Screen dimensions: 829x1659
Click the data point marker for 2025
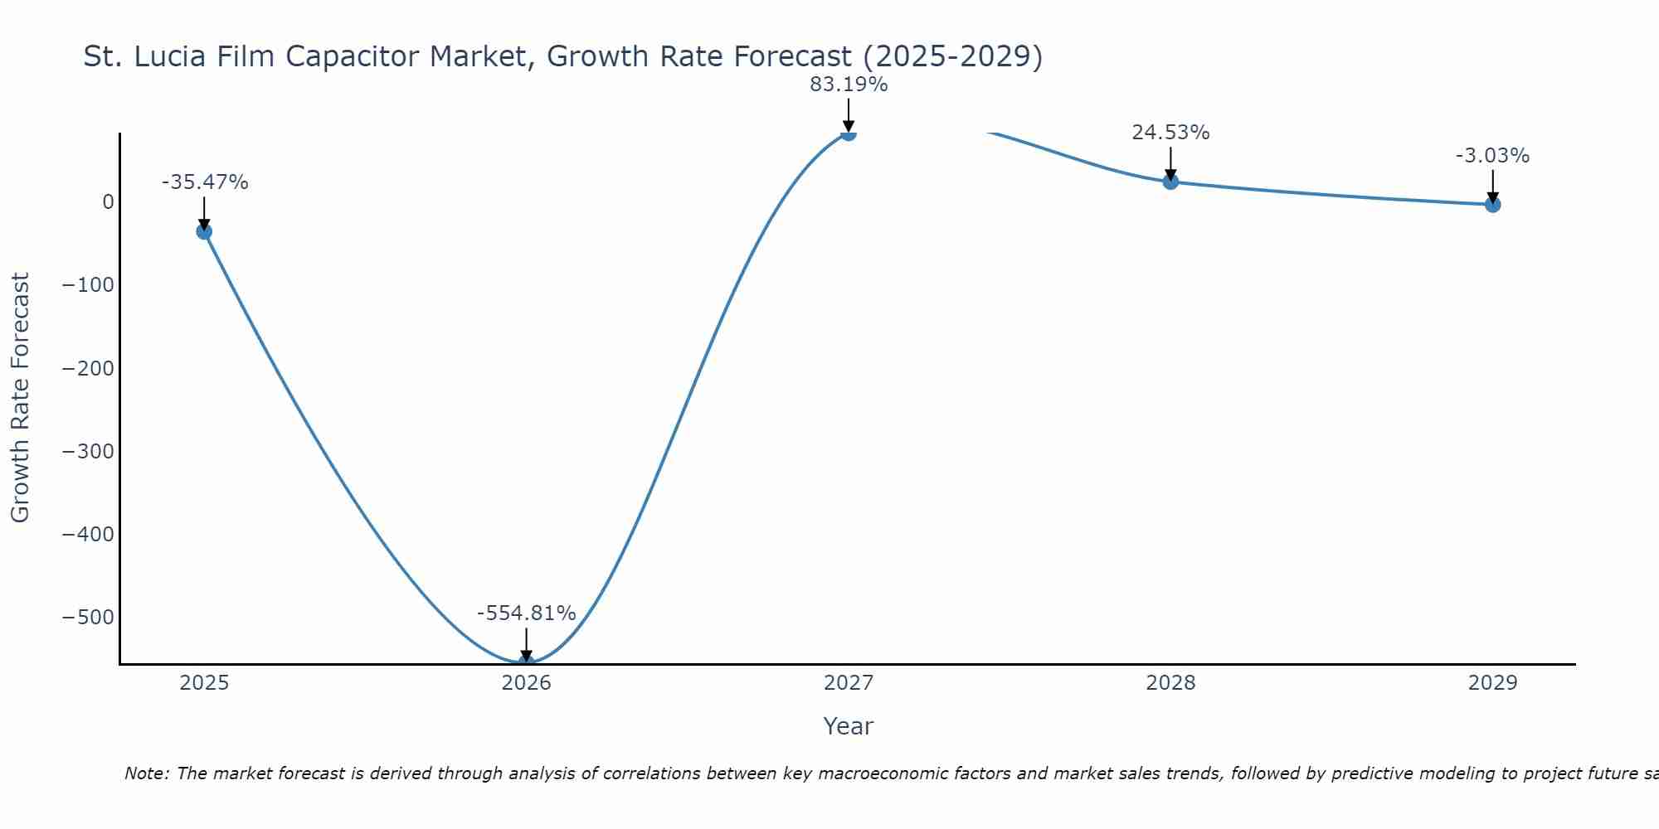[x=204, y=231]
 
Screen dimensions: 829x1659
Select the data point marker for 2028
[x=1170, y=182]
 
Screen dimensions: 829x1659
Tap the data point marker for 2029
[x=1492, y=205]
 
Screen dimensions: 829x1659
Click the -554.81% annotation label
[x=526, y=613]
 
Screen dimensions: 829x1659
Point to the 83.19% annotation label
[x=849, y=85]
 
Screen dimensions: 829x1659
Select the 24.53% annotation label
[x=1170, y=133]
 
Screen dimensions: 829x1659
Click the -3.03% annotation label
[x=1492, y=156]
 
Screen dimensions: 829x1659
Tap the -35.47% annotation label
[x=205, y=182]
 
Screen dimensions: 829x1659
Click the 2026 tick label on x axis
[x=526, y=683]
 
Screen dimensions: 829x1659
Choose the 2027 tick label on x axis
[x=849, y=683]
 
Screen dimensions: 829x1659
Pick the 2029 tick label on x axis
[x=1492, y=683]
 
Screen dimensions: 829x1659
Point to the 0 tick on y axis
[x=108, y=202]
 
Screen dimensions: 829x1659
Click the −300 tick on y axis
[x=88, y=452]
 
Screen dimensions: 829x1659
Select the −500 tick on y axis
[x=88, y=618]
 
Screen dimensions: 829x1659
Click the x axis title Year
[x=848, y=727]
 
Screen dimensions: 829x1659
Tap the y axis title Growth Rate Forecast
[x=20, y=398]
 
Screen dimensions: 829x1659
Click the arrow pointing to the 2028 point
[x=1170, y=162]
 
